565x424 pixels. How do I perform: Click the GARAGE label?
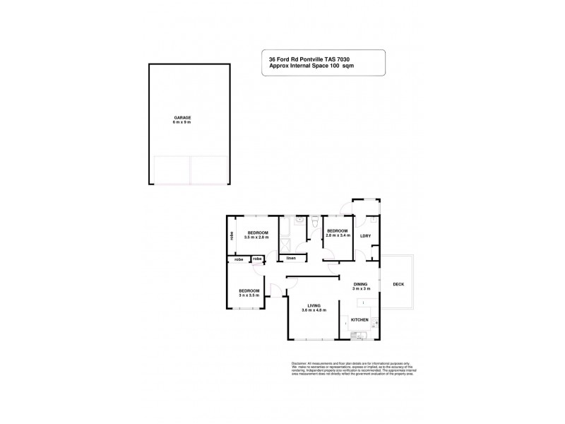tap(183, 117)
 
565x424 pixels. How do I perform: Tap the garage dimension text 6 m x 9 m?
tap(183, 122)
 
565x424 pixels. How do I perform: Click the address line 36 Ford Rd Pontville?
tap(295, 59)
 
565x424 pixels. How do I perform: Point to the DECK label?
tap(399, 284)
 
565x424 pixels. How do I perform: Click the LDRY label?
tap(365, 236)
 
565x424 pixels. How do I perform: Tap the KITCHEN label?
tap(360, 320)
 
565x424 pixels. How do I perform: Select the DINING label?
tap(361, 283)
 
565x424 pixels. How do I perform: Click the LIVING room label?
tap(314, 306)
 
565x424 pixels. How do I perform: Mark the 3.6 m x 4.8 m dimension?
tap(314, 311)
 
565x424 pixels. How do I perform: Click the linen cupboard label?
tap(290, 258)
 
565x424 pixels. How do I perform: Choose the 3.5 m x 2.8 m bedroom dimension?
tap(256, 237)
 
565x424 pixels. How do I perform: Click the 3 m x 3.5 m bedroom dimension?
tap(249, 295)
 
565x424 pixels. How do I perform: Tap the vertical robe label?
tap(231, 237)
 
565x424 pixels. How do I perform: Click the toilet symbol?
tap(314, 220)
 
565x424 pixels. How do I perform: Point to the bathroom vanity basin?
tap(299, 220)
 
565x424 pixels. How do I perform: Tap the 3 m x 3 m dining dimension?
tap(361, 288)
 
